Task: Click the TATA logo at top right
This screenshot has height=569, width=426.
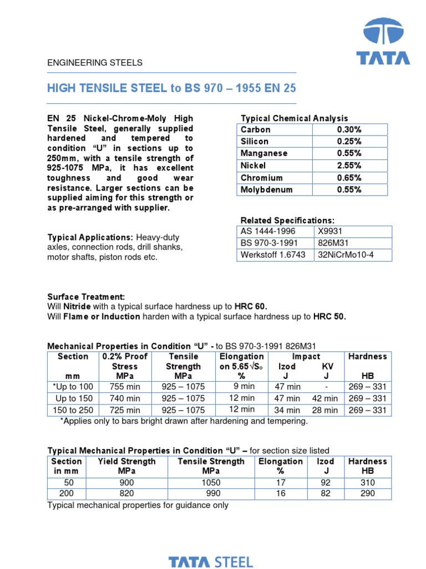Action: coord(383,42)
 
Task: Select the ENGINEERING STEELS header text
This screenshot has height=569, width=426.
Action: coord(95,63)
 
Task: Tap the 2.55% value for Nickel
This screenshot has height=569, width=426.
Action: coord(349,166)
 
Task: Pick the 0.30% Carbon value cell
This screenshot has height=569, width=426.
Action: coord(349,129)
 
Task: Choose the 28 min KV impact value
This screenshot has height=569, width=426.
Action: coord(324,411)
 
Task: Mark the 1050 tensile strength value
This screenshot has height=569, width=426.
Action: coord(211,482)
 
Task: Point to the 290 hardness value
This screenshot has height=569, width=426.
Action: coord(367,493)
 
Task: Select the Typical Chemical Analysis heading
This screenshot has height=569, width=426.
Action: coord(294,118)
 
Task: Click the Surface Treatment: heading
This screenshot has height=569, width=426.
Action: coord(87,297)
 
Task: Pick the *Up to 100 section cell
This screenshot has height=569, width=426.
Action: coord(73,387)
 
